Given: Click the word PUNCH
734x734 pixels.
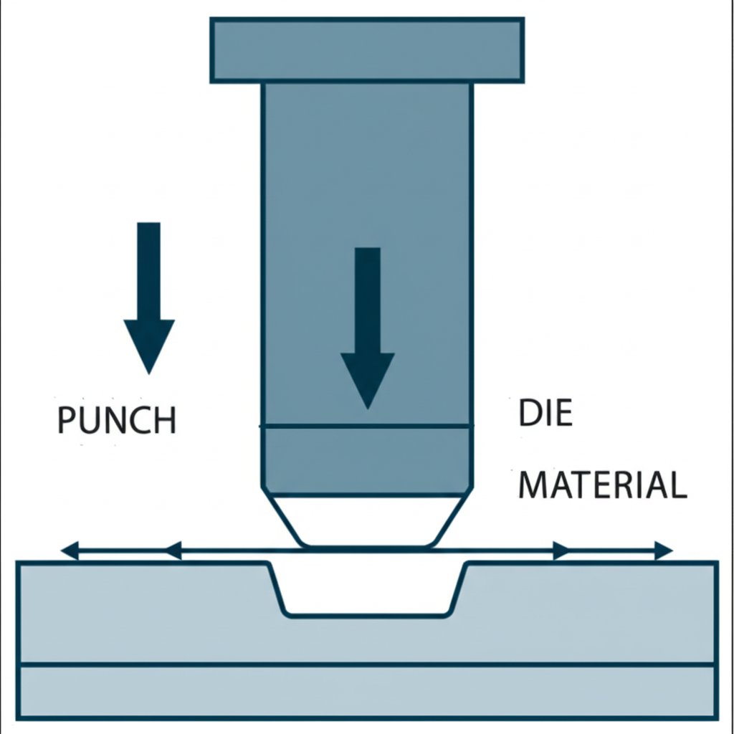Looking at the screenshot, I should coord(117,421).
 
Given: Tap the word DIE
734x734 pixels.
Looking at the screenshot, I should coord(545,414).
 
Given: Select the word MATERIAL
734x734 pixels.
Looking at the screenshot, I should coord(602,485).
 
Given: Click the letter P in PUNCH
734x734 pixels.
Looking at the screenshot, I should coord(67,421).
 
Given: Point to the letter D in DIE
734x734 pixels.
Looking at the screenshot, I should coord(527,414).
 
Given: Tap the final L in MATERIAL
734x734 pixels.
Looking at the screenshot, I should coord(678,485).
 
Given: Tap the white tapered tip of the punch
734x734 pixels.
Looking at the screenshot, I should coord(367,520).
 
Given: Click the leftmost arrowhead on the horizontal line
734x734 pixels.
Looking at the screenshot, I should coord(70,551).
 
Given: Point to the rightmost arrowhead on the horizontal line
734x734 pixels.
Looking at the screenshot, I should coord(664,551).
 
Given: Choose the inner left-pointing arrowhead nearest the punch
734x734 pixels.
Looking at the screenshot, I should coord(173,551).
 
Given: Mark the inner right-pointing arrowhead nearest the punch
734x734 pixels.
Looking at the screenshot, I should coord(561,551).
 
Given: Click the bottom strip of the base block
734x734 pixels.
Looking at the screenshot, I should coord(367,691).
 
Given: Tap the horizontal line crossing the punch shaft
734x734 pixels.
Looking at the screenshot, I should coord(367,427).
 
